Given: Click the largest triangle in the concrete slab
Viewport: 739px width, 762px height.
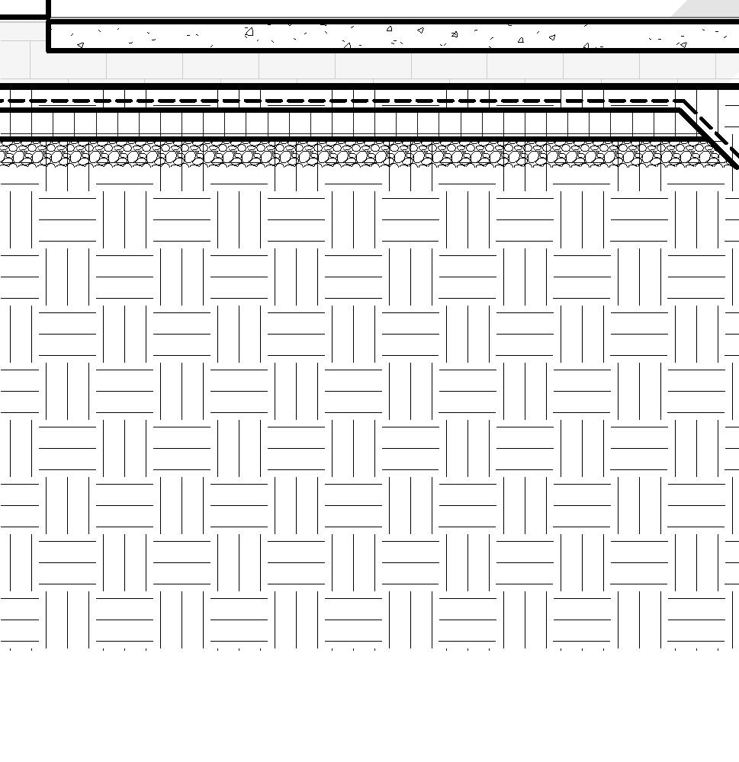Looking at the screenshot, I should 249,32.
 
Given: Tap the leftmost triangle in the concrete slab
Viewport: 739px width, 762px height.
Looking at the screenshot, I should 80,45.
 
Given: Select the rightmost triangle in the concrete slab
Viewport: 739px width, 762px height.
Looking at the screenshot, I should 683,45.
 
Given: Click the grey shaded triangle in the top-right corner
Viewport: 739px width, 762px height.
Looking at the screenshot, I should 713,8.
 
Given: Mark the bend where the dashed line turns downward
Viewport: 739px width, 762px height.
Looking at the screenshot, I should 684,101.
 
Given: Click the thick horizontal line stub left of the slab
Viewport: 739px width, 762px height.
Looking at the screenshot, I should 23,17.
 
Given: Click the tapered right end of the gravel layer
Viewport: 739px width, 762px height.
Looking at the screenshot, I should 725,158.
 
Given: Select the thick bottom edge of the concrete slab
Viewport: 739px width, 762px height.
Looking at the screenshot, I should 381,50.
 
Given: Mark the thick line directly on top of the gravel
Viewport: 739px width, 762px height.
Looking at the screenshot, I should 343,139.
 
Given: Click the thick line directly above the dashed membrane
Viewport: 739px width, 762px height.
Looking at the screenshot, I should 343,86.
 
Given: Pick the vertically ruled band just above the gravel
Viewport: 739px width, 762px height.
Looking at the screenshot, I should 343,125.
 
